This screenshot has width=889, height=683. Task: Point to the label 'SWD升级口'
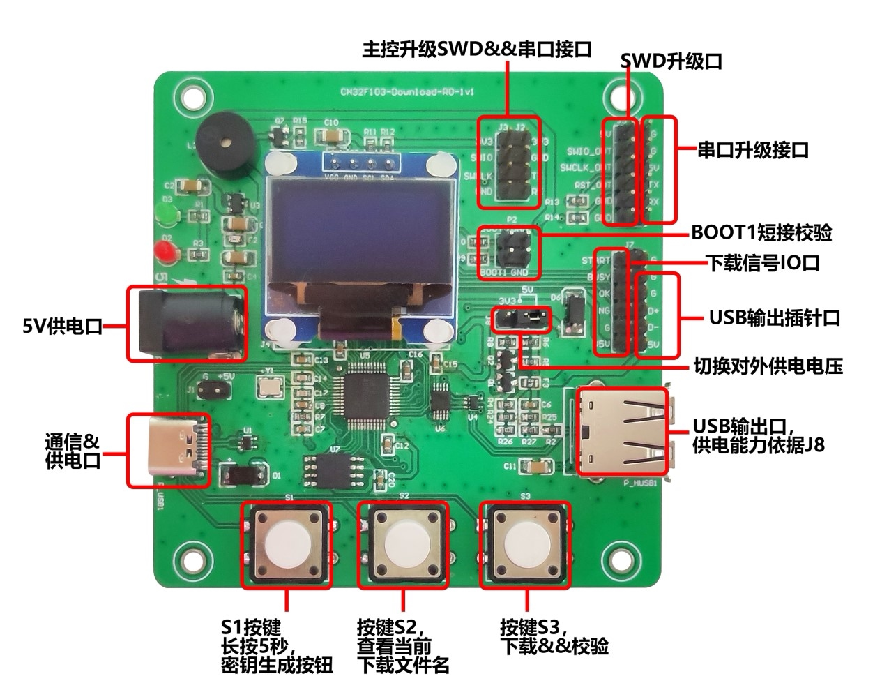point(671,61)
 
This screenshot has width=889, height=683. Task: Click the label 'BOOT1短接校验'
point(761,232)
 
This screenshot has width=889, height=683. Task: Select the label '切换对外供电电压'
point(768,366)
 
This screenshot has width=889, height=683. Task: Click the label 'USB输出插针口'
point(774,318)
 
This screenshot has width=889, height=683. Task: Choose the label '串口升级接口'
point(753,150)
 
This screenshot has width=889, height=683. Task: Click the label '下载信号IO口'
point(763,263)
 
